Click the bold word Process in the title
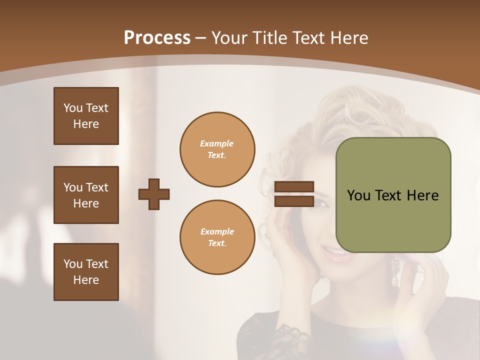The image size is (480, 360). coord(157,38)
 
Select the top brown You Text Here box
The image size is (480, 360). coord(86,116)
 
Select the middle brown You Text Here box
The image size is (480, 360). coord(86,195)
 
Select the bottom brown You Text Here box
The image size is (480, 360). coord(86,272)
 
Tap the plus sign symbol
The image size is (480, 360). coord(154,194)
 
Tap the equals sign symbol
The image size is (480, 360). coord(294,194)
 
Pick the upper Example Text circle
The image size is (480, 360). coord(217,149)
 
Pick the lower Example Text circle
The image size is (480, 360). coord(217,237)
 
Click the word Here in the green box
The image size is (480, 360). coord(422,195)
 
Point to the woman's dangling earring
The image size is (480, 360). coord(395,272)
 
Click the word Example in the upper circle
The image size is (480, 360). coord(216,143)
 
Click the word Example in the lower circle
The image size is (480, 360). coord(217,231)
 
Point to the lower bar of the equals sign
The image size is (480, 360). coord(294,201)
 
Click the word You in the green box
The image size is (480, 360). coord(358,195)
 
